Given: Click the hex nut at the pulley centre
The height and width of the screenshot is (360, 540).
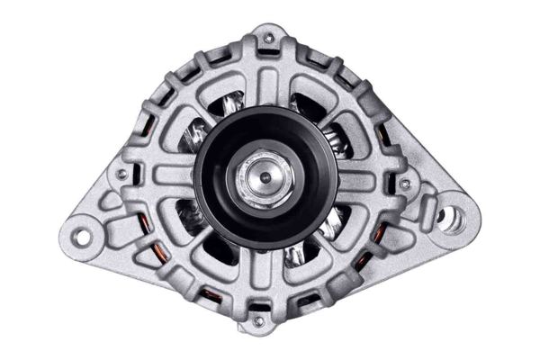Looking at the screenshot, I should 265,177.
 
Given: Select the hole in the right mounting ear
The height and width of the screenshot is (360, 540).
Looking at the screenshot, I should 450,216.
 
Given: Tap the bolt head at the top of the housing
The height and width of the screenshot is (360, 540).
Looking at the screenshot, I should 268,39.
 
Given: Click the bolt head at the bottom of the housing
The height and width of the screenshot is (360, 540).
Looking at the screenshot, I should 259,320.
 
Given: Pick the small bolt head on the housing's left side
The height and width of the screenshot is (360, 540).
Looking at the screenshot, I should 121,174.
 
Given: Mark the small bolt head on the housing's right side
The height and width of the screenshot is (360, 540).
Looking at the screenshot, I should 405,184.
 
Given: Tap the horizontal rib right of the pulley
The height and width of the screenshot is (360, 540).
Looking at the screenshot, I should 364,180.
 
